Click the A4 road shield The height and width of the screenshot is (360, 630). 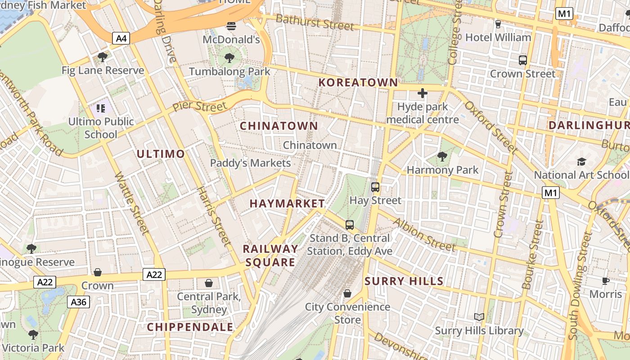121,38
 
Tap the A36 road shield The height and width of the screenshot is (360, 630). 79,302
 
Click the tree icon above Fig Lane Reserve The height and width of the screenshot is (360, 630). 103,57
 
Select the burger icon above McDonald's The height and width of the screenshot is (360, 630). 231,26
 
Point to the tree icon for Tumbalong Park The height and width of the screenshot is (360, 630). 229,58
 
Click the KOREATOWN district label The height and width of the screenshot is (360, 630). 358,83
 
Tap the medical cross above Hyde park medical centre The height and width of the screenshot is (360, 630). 422,93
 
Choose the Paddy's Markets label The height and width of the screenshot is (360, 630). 251,163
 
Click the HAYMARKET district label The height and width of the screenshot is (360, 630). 287,204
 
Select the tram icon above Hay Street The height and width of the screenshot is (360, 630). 375,187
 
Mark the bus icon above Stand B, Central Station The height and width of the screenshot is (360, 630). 350,225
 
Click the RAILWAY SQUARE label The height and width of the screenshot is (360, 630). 270,256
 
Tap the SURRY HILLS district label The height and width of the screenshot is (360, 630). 404,282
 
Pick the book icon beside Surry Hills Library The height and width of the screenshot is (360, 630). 479,317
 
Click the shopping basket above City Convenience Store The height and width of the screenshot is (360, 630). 347,293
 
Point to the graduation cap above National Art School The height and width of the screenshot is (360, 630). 581,162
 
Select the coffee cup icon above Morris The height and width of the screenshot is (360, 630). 606,281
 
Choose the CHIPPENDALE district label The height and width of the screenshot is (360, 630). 190,327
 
